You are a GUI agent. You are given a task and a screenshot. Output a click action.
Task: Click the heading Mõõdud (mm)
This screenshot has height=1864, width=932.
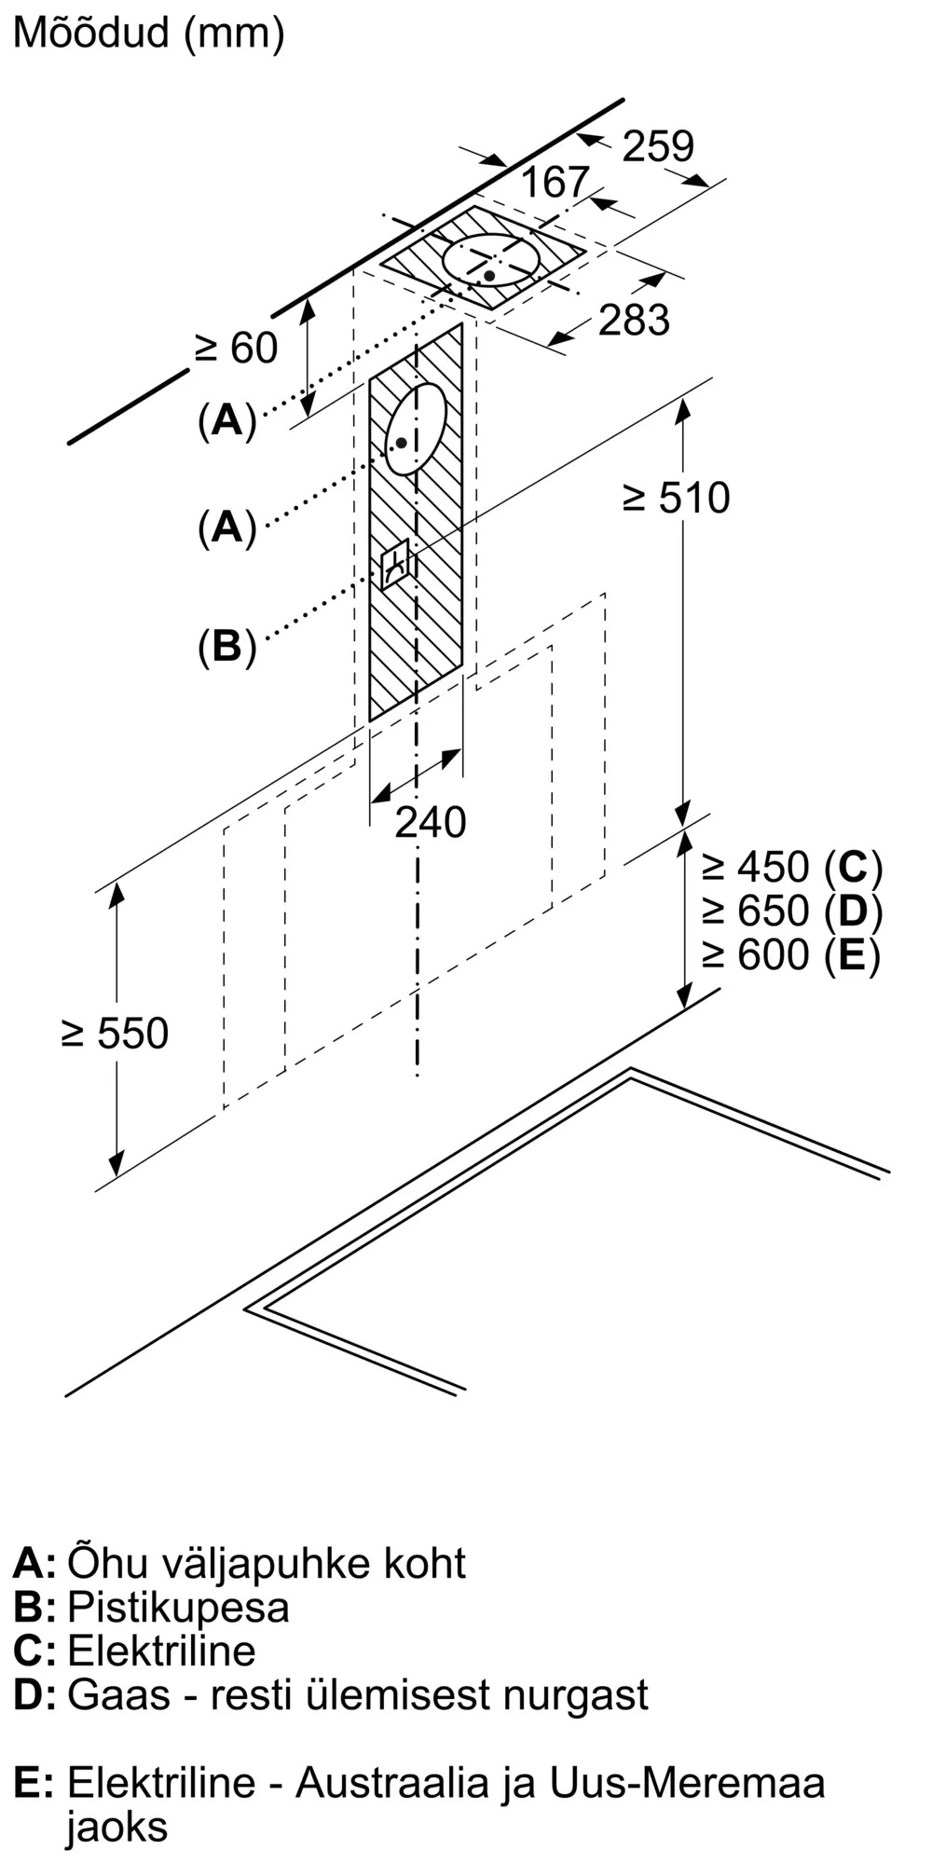(149, 34)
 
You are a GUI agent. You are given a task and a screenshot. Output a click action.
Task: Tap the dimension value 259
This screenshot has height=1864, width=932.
(658, 146)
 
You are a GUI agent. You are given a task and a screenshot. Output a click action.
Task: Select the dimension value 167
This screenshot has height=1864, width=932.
(555, 182)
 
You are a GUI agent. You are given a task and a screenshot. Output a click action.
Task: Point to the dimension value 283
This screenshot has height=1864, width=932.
(634, 320)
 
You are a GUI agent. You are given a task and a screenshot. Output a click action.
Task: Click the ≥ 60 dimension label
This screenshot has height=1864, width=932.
(236, 349)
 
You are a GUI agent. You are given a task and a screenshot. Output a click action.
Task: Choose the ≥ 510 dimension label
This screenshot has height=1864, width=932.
(676, 498)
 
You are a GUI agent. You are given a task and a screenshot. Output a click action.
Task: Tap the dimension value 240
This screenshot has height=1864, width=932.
(430, 822)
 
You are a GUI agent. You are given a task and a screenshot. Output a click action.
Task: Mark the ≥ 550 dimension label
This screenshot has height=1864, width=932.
(116, 1034)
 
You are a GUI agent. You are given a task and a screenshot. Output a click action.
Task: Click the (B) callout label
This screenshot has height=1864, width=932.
(226, 645)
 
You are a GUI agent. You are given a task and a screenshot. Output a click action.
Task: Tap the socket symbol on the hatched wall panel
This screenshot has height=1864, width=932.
(397, 563)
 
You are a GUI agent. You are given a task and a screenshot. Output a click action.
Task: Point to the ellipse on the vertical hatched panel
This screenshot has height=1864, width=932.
(416, 430)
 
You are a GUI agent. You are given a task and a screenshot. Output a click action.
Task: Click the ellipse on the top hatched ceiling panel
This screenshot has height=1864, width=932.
(491, 260)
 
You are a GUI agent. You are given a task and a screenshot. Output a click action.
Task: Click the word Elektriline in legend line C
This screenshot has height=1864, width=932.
(161, 1651)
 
